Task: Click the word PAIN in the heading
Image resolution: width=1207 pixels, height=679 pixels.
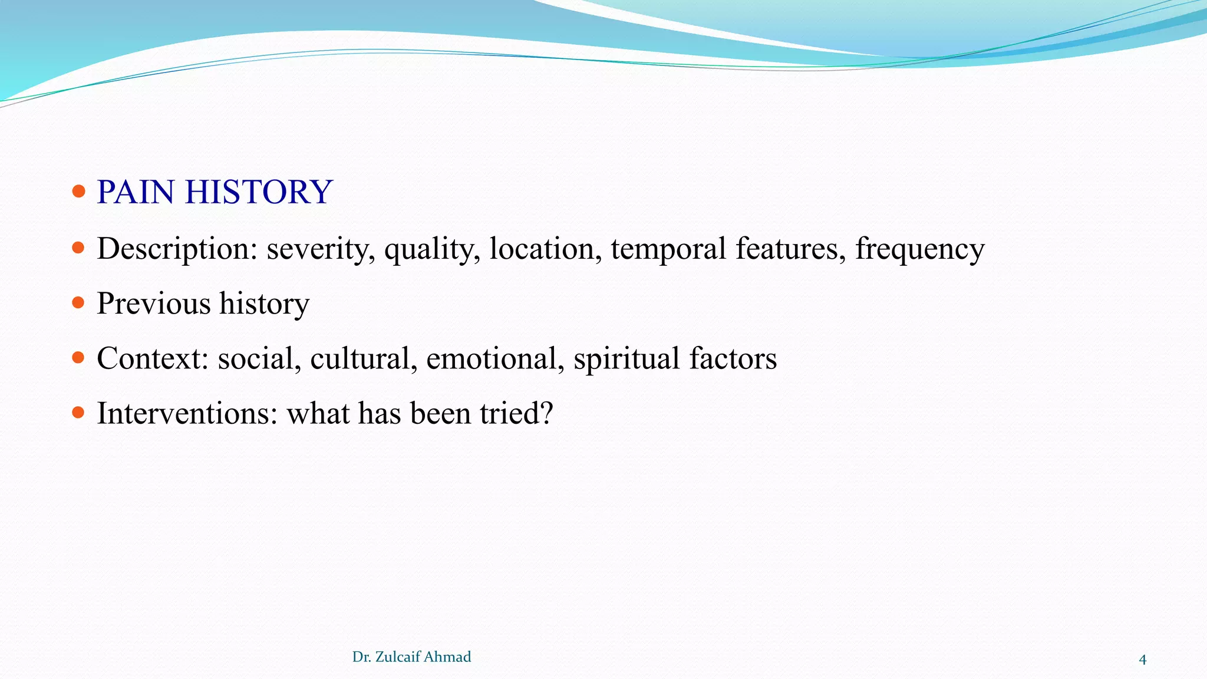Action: coord(136,192)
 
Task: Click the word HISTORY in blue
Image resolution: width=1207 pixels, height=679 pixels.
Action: coord(259,192)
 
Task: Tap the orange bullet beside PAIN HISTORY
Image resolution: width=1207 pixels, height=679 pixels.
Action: coord(78,192)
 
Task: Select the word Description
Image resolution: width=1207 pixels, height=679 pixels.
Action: coord(177,249)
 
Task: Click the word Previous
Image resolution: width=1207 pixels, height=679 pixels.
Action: coord(153,304)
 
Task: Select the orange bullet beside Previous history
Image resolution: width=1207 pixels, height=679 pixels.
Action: coord(78,303)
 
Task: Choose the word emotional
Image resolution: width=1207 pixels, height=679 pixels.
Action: coord(495,358)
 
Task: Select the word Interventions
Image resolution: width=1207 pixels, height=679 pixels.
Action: coord(187,413)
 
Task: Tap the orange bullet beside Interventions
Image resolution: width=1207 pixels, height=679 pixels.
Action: coord(78,413)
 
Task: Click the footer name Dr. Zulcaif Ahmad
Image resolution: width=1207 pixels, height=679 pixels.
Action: coord(411,657)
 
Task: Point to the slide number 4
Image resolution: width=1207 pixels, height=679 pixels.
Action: coord(1142,660)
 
